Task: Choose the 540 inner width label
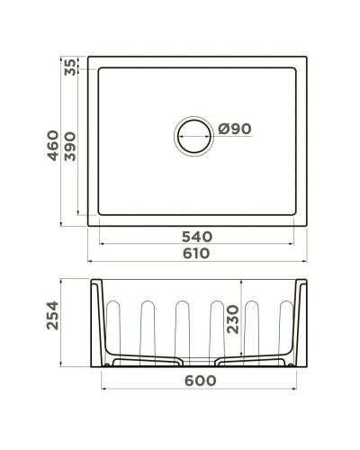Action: (196, 237)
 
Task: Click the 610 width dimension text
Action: (196, 255)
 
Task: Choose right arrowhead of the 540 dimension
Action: (298, 244)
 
